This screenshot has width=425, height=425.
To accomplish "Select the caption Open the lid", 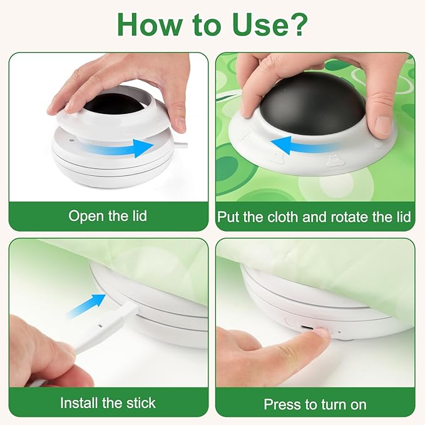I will tap(108, 217).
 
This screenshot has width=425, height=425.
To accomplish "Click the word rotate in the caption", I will tap(360, 217).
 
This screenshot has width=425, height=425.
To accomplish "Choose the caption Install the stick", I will tap(108, 402).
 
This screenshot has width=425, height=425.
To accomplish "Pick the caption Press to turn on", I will tap(315, 404).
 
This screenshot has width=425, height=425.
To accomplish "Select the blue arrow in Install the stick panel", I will tap(89, 305).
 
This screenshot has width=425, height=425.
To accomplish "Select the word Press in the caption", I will tap(282, 404).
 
